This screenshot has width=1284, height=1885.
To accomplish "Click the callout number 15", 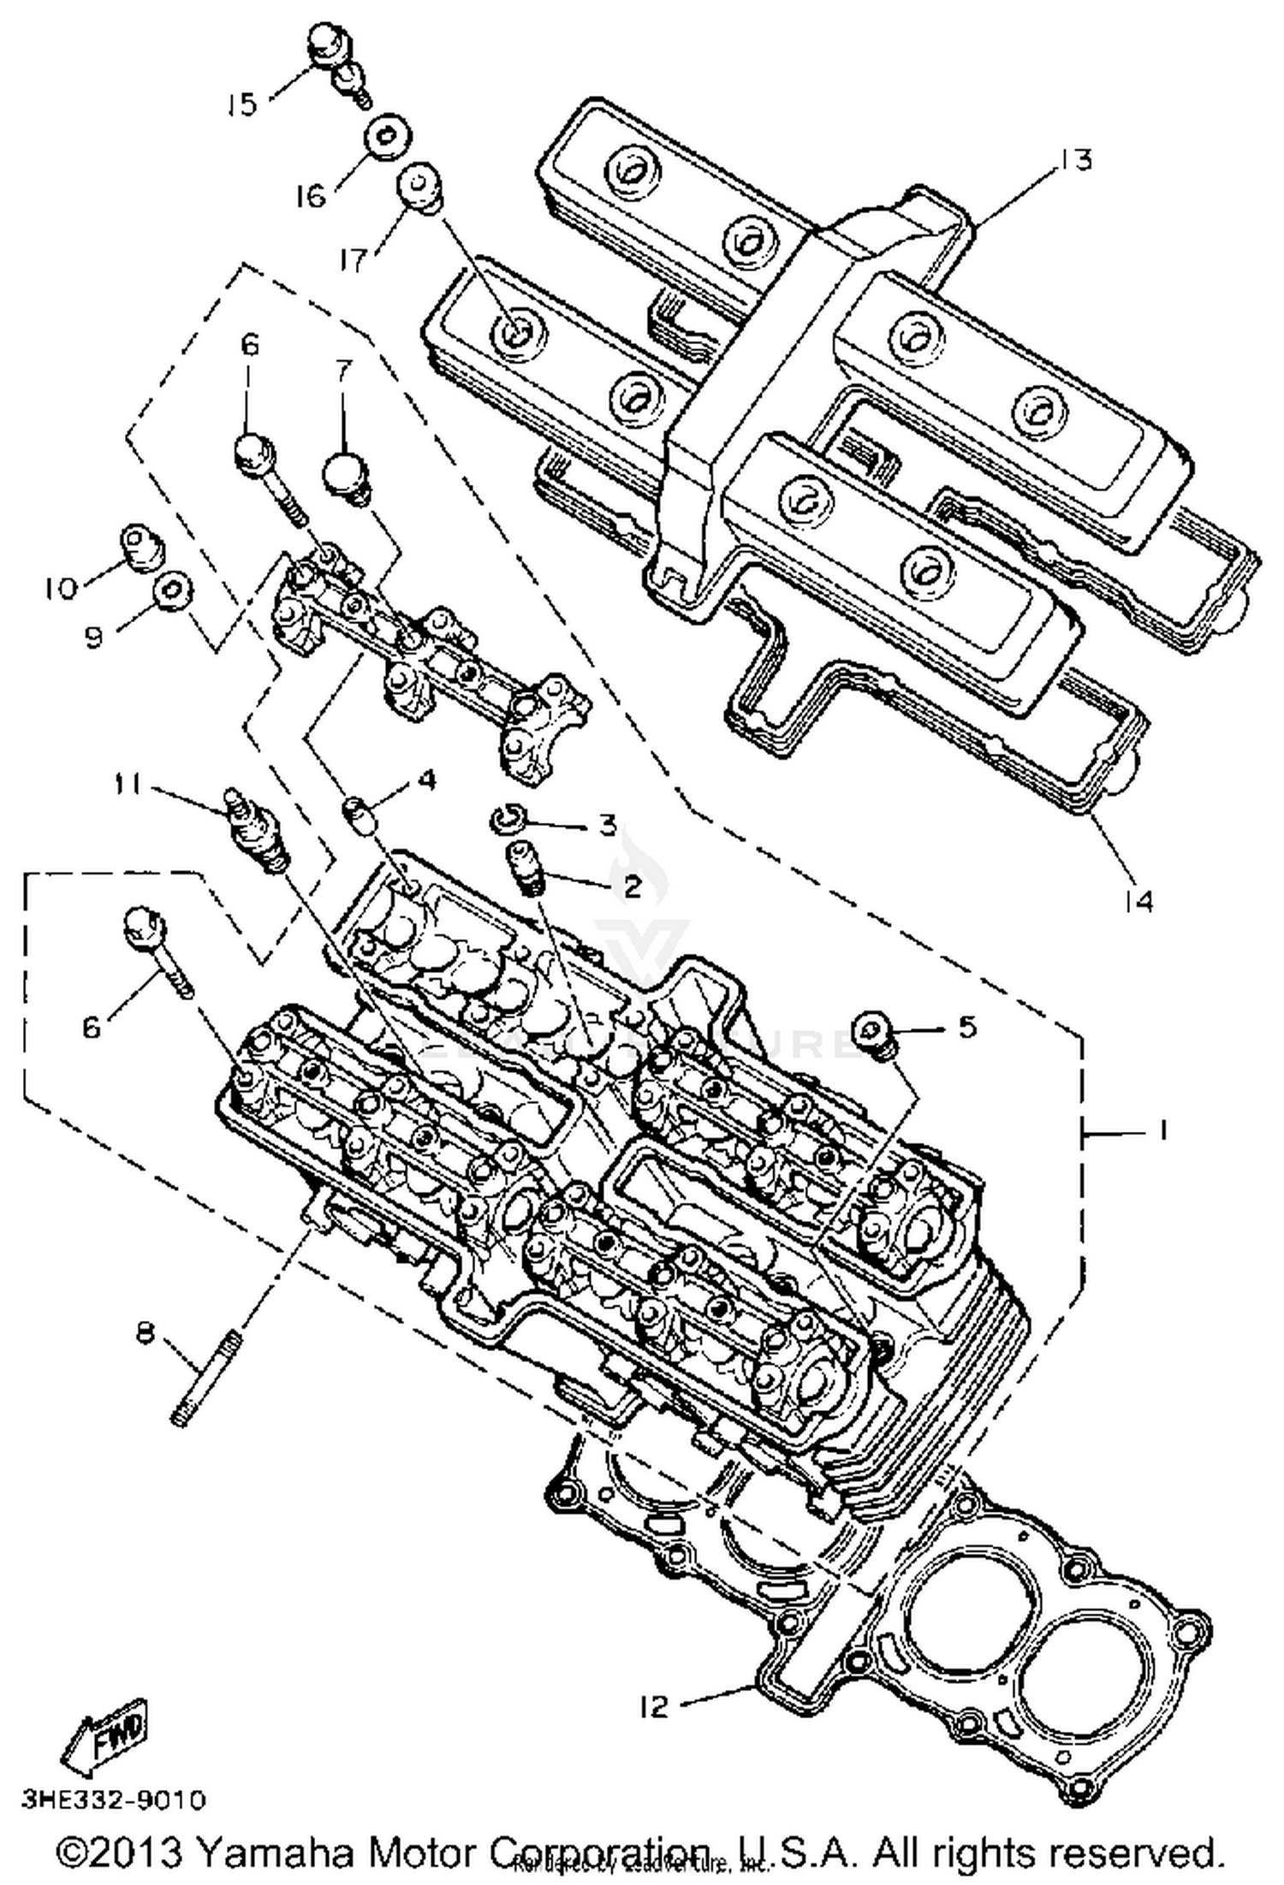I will [241, 104].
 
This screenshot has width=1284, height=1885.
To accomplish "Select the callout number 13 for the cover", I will [1075, 160].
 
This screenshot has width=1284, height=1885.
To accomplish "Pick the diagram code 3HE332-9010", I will [114, 1799].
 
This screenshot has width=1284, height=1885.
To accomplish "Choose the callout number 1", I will [1162, 1131].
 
